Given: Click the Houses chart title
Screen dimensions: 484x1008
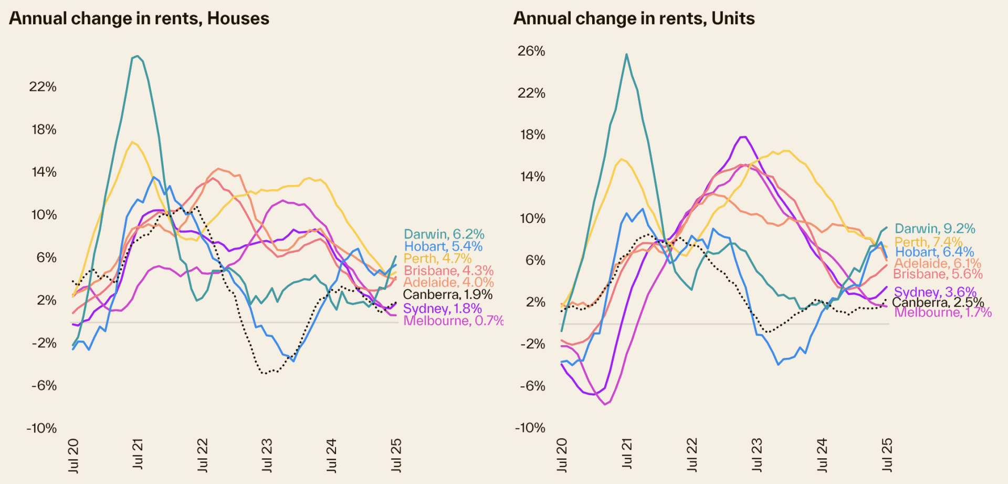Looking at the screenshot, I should coord(139,18).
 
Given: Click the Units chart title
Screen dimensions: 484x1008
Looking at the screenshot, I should coord(634,18).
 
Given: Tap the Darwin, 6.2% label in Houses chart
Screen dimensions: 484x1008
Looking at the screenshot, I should coord(444,234).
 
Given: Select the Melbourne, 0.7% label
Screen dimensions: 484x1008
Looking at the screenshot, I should coord(453,321).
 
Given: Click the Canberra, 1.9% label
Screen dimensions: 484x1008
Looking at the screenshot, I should coord(447,295).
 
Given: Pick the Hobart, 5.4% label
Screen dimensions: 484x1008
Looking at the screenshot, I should coord(443,246).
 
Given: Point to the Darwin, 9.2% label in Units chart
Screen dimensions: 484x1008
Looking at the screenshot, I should coord(934,229).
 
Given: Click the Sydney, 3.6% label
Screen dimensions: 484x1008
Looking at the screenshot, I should coord(934,292).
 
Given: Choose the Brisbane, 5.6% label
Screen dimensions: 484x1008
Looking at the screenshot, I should coord(937,274).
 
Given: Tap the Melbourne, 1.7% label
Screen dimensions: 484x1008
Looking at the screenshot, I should coord(942,313).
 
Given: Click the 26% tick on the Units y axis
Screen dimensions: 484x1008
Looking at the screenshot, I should coord(531,51).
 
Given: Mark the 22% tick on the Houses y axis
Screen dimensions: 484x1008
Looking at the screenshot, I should coord(43,87).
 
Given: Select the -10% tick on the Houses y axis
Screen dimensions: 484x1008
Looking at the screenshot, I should coord(41,428).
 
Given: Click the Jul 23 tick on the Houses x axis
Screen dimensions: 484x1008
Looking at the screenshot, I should coord(267,455).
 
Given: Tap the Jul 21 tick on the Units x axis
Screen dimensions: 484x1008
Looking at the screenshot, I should coord(626,454).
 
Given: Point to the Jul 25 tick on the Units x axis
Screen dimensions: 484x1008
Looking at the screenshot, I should coord(887,455).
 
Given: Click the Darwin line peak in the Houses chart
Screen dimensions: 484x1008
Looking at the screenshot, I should coord(137,56).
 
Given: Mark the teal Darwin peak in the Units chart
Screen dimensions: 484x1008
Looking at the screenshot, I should coord(626,54).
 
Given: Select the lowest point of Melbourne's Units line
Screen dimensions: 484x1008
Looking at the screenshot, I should coord(605,404).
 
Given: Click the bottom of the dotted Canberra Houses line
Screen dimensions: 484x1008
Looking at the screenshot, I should coord(266,373).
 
